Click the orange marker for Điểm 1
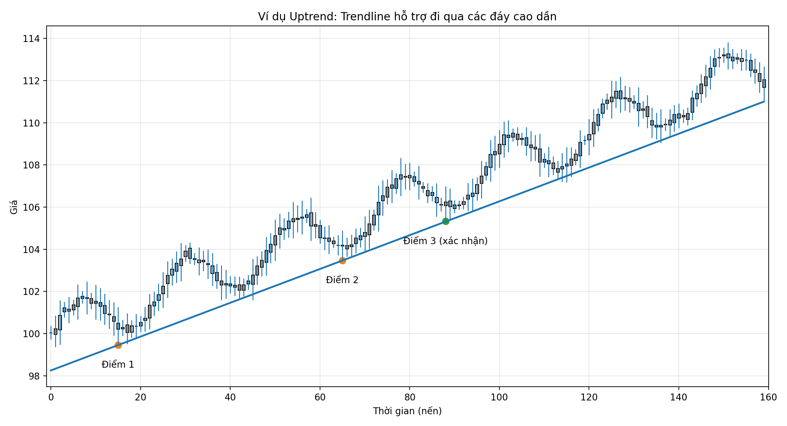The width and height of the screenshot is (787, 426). click(118, 345)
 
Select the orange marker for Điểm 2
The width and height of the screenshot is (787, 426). click(342, 261)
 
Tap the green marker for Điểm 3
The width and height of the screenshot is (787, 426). click(445, 221)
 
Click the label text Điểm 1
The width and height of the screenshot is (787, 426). click(118, 364)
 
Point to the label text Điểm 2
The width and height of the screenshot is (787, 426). click(342, 280)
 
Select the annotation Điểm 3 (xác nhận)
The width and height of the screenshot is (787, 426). click(445, 241)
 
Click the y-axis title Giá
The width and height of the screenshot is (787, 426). click(14, 207)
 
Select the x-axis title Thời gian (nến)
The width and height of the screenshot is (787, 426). click(407, 411)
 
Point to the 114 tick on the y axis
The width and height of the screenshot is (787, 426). click(31, 39)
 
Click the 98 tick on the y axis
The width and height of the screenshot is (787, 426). click(34, 376)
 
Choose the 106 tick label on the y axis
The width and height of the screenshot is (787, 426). click(31, 207)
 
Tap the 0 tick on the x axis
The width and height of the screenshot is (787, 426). click(51, 397)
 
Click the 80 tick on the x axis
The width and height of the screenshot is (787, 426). click(410, 397)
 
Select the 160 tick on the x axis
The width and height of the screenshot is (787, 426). click(768, 397)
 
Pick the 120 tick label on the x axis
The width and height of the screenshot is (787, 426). click(589, 397)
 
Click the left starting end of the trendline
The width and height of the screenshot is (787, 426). click(51, 370)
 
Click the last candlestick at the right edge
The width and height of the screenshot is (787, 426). click(764, 84)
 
